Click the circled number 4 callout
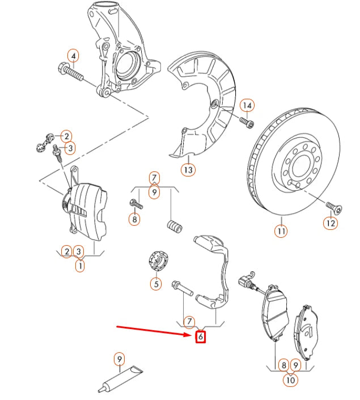tap(73, 56)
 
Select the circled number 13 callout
tap(188, 169)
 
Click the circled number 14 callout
tap(247, 106)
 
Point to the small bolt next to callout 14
tap(245, 121)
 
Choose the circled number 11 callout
tap(281, 231)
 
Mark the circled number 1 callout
tap(80, 264)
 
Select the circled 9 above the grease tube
tap(118, 359)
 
